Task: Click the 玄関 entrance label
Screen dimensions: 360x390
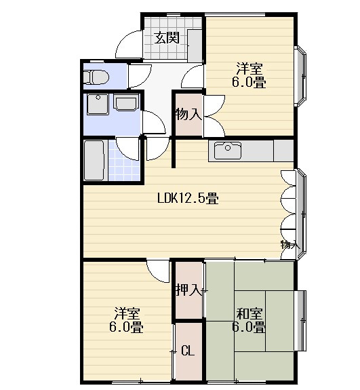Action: pos(167,38)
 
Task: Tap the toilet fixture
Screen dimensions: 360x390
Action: pos(96,77)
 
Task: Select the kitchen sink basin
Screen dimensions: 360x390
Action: pos(228,151)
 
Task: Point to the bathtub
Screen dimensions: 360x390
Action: pos(94,161)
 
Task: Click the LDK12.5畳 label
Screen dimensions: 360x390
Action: pos(188,199)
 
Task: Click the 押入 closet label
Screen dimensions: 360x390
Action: pos(188,290)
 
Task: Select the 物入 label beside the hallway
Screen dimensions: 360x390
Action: pos(188,115)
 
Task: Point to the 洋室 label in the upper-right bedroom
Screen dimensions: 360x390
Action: pos(249,69)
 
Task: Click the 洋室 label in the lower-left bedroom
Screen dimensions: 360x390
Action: pos(127,313)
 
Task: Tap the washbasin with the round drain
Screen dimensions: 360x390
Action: pos(98,104)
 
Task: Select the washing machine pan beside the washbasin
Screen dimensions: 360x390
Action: pos(126,102)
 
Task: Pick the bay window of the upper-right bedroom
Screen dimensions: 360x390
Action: pos(300,76)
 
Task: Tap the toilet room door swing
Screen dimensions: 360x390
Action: pos(140,77)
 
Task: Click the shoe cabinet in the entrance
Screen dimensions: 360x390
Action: pos(195,45)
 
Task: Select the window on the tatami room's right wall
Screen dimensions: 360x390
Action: pos(300,320)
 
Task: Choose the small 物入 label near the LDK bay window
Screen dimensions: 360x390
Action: pos(290,245)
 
